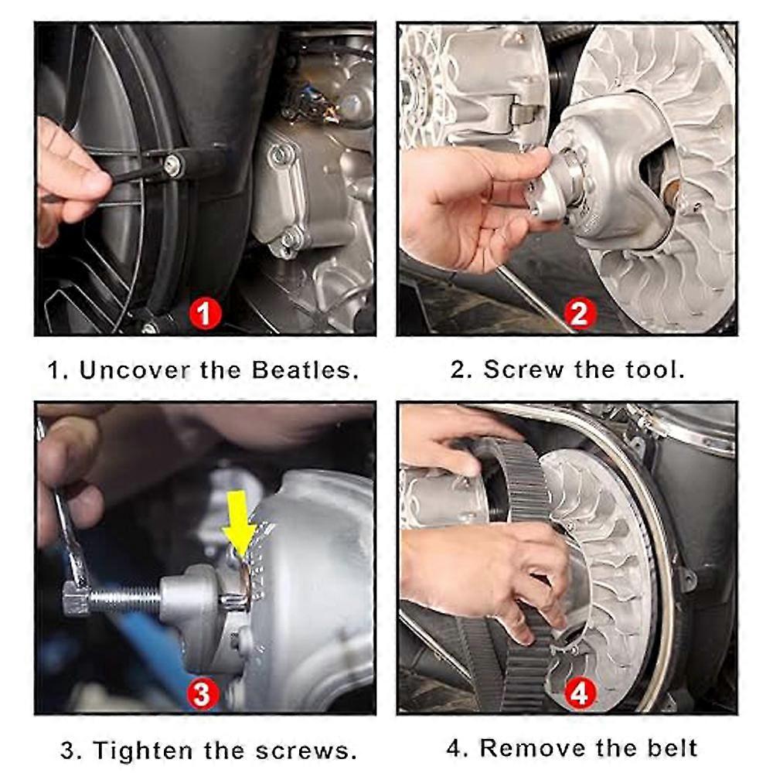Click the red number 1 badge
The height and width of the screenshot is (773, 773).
[205, 314]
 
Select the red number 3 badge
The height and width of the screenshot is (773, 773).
[203, 693]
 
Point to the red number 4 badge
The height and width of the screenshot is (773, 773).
[580, 693]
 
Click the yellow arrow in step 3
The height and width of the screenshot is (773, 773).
[239, 523]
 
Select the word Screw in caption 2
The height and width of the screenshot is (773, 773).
[523, 369]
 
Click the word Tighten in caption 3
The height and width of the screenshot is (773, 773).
[142, 751]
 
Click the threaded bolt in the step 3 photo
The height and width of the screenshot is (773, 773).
[126, 600]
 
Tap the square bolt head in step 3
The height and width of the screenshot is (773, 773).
[77, 598]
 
